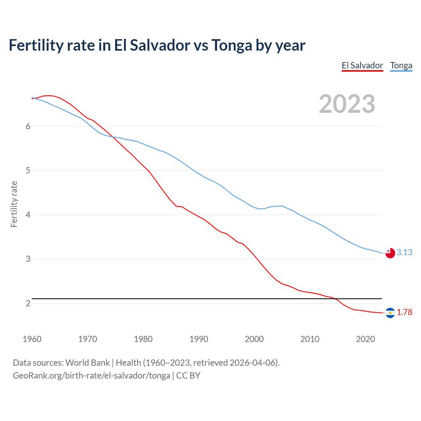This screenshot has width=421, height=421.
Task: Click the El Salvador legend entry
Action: (362, 65)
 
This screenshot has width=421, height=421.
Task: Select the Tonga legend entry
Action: (401, 65)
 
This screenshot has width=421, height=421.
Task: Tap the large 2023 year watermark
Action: (347, 104)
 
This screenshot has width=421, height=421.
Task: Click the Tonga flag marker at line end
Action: (390, 253)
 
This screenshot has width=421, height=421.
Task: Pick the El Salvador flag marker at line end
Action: (390, 313)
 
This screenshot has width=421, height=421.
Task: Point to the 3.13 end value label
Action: (404, 252)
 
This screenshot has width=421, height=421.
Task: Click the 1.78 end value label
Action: (404, 312)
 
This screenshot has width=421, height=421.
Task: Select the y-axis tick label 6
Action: (28, 127)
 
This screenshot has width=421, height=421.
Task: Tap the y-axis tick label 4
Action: (28, 215)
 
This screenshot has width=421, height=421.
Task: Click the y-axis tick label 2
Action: (28, 303)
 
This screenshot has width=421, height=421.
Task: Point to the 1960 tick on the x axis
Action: (32, 339)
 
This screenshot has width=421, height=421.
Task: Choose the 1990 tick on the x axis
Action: (199, 339)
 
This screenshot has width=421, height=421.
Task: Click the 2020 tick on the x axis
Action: (365, 339)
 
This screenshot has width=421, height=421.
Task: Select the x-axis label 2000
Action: (254, 339)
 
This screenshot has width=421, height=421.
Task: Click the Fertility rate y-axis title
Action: (14, 204)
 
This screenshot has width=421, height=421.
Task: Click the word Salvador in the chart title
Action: (160, 45)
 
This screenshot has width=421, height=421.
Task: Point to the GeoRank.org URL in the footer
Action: (91, 375)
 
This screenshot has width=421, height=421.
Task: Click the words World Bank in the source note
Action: (87, 362)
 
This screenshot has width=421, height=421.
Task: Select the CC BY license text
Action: (188, 375)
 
